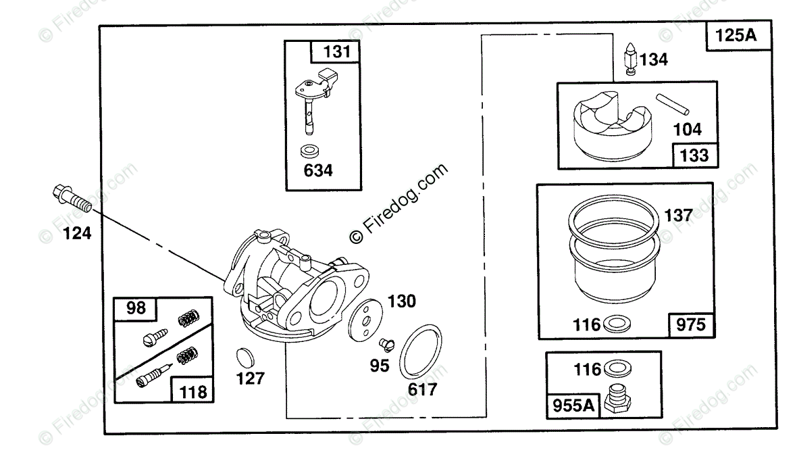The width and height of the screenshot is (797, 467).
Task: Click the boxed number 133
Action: (x=694, y=156)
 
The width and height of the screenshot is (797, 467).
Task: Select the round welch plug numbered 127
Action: (x=245, y=356)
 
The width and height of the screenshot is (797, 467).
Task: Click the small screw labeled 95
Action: (x=387, y=345)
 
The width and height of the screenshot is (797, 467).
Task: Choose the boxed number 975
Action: (x=689, y=326)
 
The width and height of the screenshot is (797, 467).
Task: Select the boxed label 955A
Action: (x=572, y=406)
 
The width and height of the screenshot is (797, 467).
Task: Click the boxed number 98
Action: (x=135, y=308)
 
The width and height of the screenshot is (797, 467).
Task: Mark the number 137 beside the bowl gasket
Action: (x=678, y=216)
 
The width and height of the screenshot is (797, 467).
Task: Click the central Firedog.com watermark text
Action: (x=398, y=203)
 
